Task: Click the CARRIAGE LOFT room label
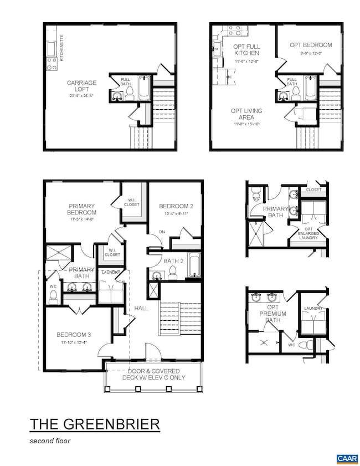click(82, 86)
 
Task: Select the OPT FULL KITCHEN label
click(246, 49)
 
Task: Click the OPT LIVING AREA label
click(246, 114)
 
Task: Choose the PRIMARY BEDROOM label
click(83, 209)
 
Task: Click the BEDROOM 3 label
click(74, 335)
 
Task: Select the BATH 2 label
click(173, 260)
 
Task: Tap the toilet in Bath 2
click(172, 272)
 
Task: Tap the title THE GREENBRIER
click(95, 424)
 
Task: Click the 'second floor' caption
click(50, 442)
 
